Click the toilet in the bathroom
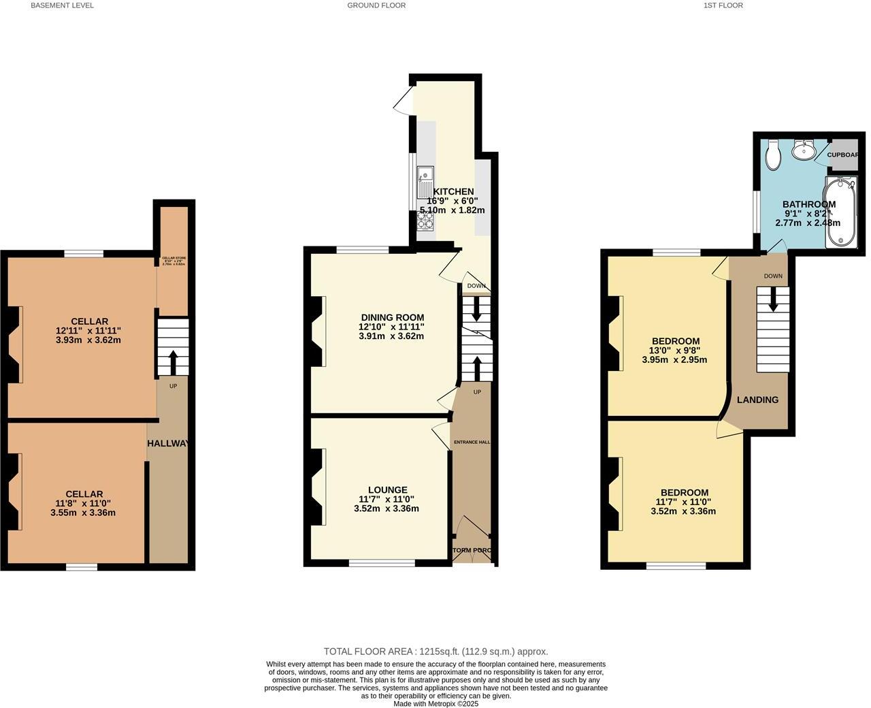pyautogui.click(x=773, y=155)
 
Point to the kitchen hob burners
pyautogui.click(x=425, y=220)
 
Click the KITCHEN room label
pyautogui.click(x=454, y=192)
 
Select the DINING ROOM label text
pyautogui.click(x=392, y=317)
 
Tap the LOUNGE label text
pyautogui.click(x=387, y=489)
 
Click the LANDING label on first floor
pyautogui.click(x=757, y=400)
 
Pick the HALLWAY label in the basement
pyautogui.click(x=168, y=443)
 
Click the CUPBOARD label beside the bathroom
pyautogui.click(x=842, y=155)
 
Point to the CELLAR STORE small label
pyautogui.click(x=174, y=258)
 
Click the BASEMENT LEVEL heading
pyautogui.click(x=63, y=5)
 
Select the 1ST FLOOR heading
pyautogui.click(x=723, y=5)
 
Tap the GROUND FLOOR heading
pyautogui.click(x=376, y=5)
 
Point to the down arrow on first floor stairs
pyautogui.click(x=772, y=300)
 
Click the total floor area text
pyautogui.click(x=435, y=651)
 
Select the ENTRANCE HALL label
pyautogui.click(x=472, y=442)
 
